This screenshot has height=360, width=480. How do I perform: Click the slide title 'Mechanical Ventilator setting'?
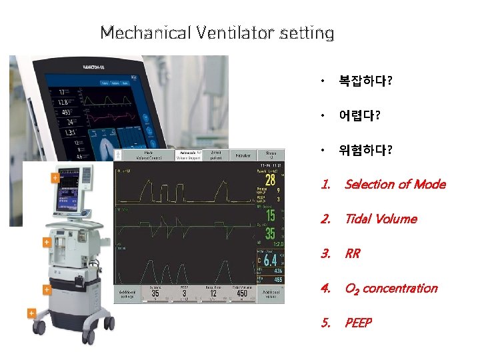[x=217, y=32]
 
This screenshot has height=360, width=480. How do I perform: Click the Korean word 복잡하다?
[x=365, y=81]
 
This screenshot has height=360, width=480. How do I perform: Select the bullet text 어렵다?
[x=359, y=116]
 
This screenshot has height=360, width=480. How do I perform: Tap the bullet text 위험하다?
[x=365, y=151]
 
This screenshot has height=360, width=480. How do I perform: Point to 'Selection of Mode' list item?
[x=395, y=184]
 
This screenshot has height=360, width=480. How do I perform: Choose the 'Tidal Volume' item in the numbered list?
[x=380, y=219]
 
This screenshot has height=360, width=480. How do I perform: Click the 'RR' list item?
[x=352, y=253]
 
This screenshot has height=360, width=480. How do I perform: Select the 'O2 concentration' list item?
[x=391, y=288]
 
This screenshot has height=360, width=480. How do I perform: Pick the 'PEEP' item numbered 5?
[x=358, y=323]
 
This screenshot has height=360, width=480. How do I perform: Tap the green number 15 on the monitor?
[x=270, y=215]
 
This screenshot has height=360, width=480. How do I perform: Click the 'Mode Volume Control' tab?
[x=149, y=155]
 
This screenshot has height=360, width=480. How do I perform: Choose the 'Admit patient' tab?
[x=215, y=155]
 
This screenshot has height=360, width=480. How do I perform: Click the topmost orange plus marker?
[x=55, y=178]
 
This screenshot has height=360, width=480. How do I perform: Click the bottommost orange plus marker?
[x=31, y=312]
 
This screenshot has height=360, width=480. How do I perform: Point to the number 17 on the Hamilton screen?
[x=61, y=91]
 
